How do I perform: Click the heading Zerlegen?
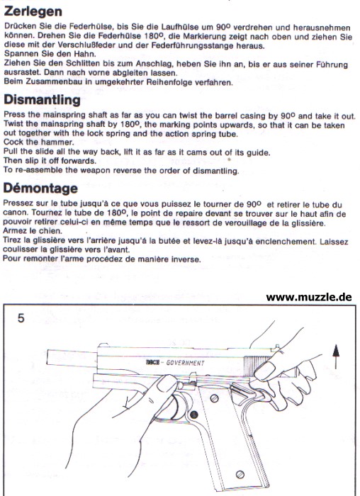33,12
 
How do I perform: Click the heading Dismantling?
42,100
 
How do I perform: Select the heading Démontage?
40,188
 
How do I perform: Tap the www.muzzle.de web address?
309,297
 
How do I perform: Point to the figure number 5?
21,318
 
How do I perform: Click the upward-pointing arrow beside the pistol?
336,356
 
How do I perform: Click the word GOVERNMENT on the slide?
186,363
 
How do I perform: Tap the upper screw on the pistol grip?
215,398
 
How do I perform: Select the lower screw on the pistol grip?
240,475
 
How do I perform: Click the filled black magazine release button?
194,415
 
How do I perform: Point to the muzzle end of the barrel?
47,358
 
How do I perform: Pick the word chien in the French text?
52,231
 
